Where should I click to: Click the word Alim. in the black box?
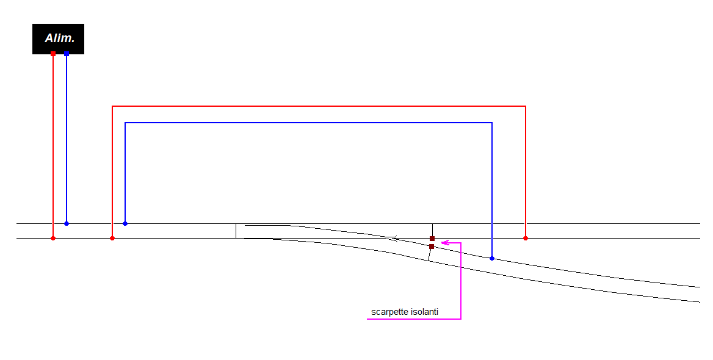59,38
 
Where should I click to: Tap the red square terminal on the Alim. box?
53,54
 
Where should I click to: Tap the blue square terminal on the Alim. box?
67,54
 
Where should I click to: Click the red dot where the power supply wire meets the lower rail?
53,238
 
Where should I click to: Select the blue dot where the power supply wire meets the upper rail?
67,223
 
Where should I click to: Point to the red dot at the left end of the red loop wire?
112,238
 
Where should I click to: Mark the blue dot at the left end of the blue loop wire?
125,223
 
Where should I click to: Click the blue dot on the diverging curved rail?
492,258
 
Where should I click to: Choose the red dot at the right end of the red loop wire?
526,238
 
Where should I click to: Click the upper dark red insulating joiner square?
432,239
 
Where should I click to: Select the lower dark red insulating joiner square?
432,247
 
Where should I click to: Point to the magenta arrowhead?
445,243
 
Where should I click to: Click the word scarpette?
388,312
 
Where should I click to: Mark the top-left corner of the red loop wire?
112,106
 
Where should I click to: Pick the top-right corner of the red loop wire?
526,106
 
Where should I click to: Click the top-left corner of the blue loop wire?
125,123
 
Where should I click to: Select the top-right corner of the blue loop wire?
492,123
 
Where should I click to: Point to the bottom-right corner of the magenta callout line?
461,319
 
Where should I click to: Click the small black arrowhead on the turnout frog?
396,237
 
